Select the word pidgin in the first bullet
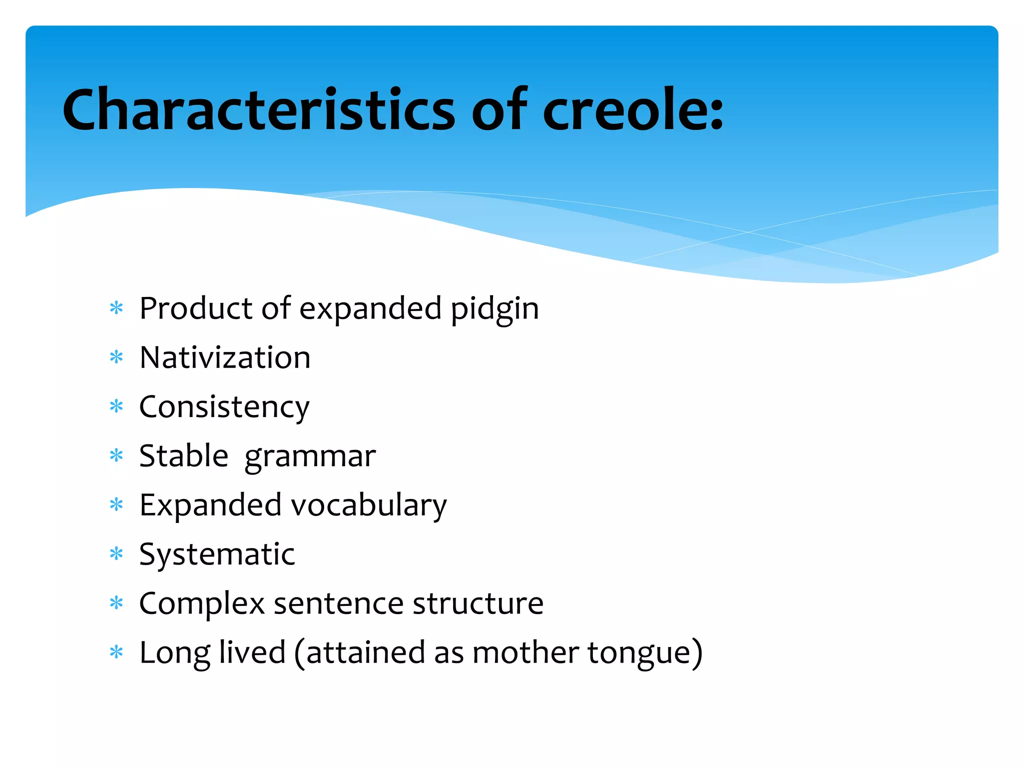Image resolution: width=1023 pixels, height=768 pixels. pos(495,309)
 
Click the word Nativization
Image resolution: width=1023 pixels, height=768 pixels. pos(225,358)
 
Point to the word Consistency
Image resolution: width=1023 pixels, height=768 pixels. pos(224,407)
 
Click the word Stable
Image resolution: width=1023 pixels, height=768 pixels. pos(183,456)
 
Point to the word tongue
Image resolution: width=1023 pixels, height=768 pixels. pos(644,653)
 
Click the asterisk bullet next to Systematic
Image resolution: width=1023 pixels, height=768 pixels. pos(116,553)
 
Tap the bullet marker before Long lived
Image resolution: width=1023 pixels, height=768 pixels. pos(116,652)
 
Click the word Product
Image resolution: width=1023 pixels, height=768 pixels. pos(195,308)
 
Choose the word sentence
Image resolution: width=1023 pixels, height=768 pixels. pos(339,603)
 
